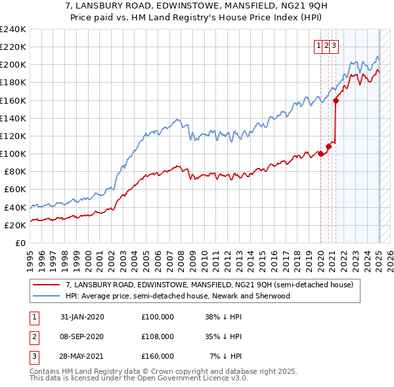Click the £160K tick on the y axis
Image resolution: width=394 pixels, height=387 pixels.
pos(12,100)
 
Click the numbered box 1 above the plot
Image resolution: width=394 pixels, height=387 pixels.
pos(319,45)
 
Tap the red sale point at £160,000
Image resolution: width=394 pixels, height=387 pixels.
pos(336,100)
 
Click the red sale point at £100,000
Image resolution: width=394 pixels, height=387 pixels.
pos(320,153)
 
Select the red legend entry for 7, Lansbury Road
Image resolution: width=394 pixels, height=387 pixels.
pos(209,285)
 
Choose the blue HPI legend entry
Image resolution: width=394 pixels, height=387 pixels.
pos(177,296)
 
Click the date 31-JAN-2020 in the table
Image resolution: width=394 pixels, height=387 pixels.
pos(82,316)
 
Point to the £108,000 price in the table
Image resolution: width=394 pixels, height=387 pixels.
pos(158,336)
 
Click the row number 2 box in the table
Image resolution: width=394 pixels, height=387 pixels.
pos(33,336)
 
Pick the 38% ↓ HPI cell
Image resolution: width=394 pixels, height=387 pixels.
pos(224,316)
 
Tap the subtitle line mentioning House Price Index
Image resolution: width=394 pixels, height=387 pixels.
pos(196,20)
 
